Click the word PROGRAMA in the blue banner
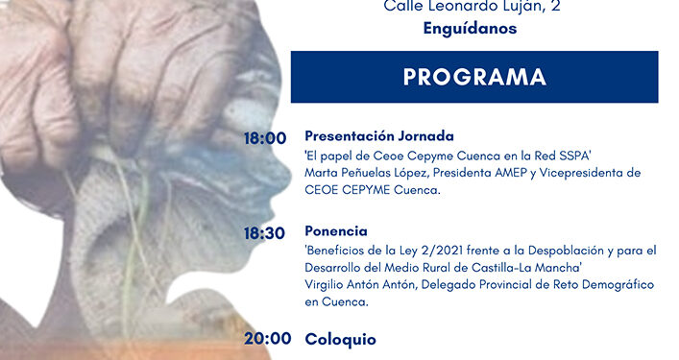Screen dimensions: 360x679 pos(474,77)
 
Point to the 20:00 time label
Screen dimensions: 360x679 pos(266,338)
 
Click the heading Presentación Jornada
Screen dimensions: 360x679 pos(378,135)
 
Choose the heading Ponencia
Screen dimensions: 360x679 pos(336,231)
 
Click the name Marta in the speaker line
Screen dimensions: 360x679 pos(322,173)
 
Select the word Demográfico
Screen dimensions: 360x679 pos(610,285)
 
